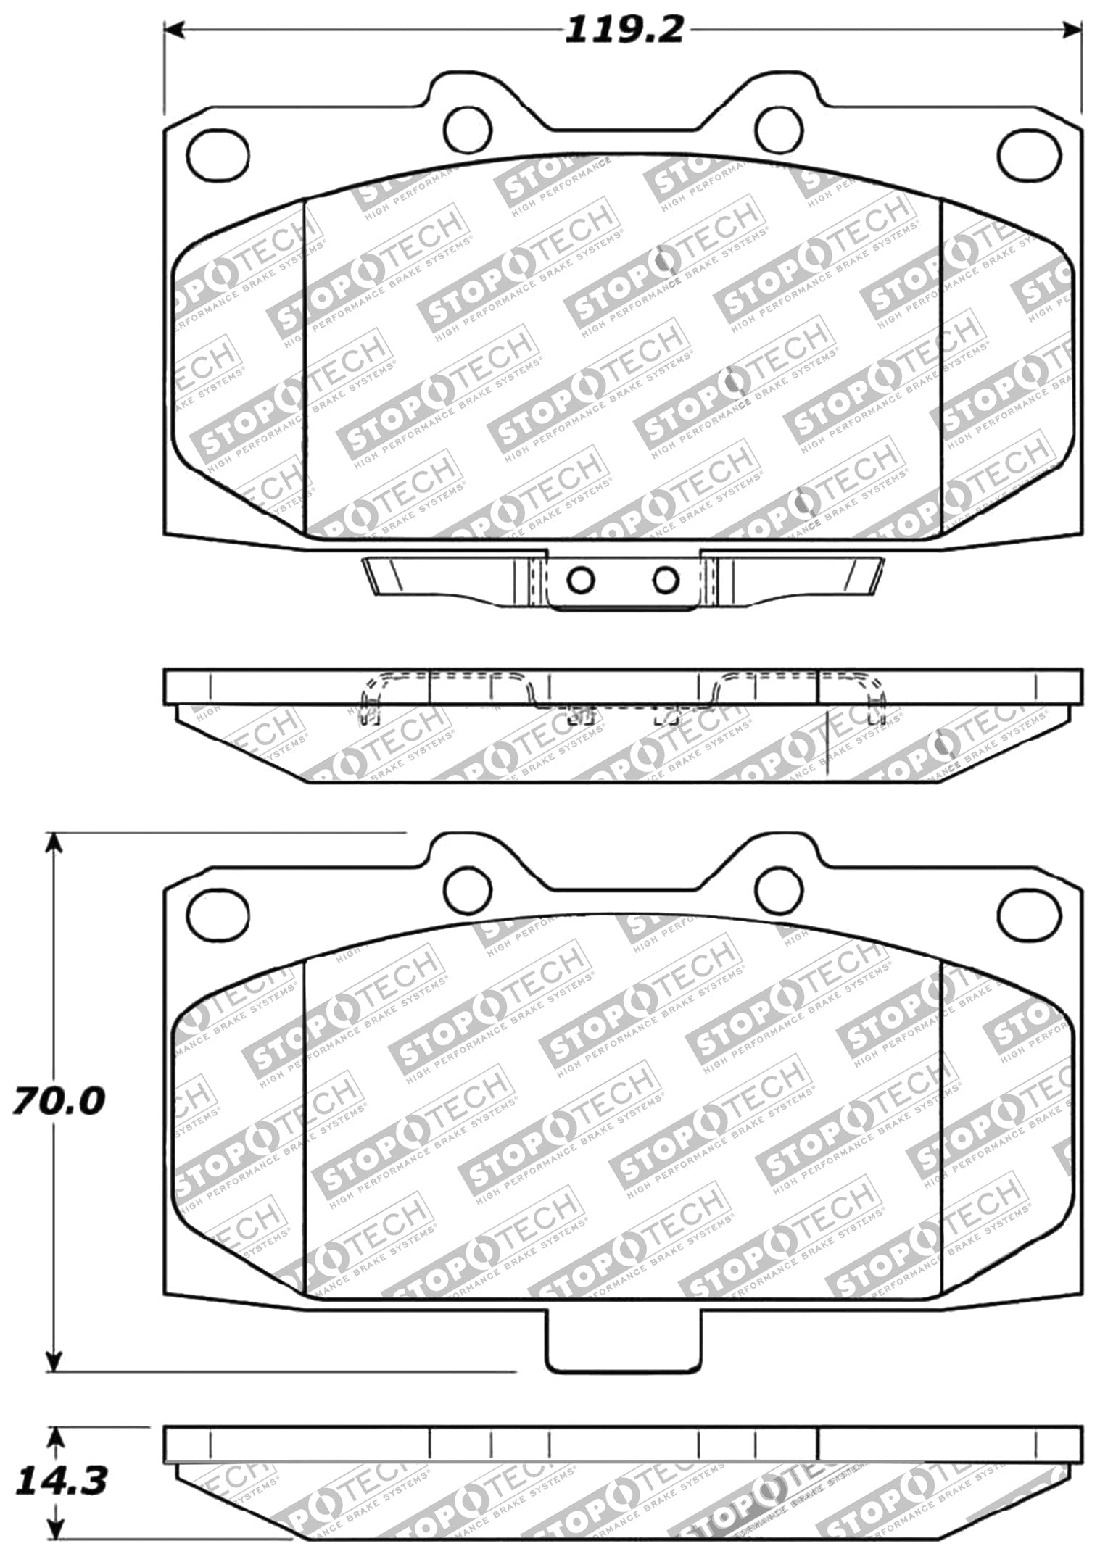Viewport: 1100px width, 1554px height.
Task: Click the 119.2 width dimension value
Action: tap(623, 31)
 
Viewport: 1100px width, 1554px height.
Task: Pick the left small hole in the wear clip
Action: tap(581, 579)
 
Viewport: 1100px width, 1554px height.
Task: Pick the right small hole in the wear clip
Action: tap(665, 579)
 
